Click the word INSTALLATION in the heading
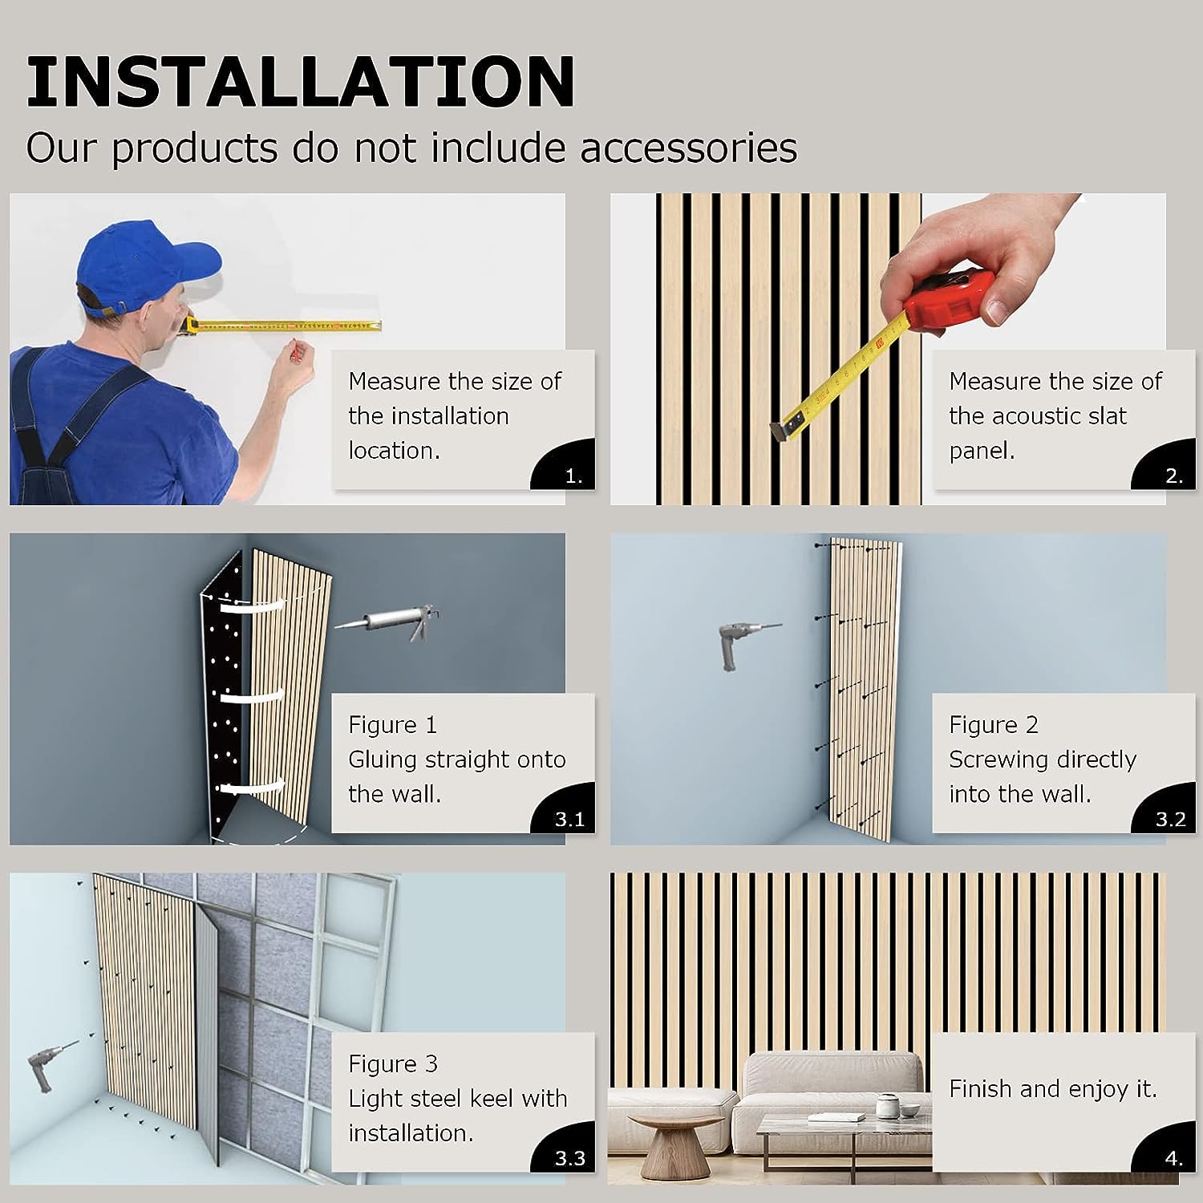tap(301, 82)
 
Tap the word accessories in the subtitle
tap(689, 148)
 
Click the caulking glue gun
tap(387, 621)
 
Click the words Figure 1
tap(392, 725)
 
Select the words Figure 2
tap(993, 725)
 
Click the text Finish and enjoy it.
tap(1053, 1088)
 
